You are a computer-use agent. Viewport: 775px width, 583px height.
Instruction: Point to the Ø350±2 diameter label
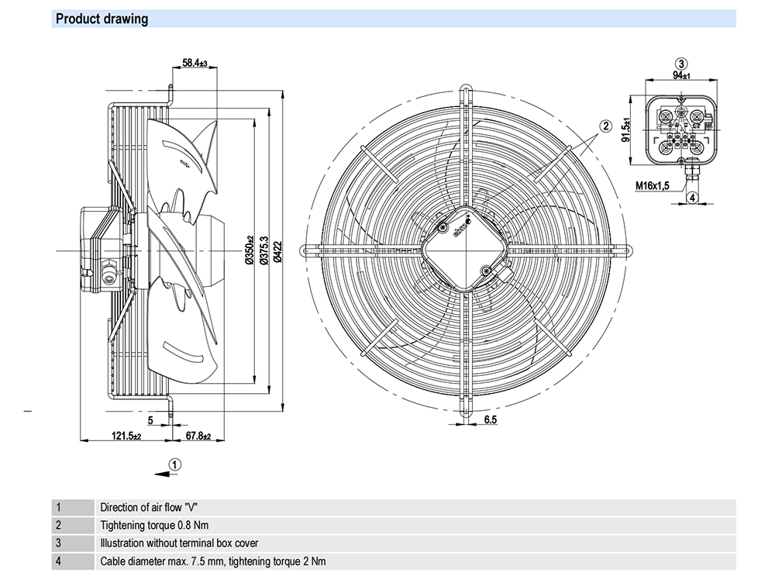click(250, 250)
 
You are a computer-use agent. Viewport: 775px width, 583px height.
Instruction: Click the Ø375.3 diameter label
click(264, 250)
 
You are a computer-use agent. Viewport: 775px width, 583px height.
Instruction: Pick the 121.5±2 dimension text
click(126, 436)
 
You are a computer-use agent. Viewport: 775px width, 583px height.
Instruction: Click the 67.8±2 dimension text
click(198, 436)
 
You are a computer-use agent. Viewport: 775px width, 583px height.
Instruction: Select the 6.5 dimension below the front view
click(491, 419)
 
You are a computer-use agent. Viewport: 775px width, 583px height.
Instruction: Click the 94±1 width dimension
click(682, 75)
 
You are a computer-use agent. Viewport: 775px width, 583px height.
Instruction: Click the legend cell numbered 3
click(58, 543)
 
